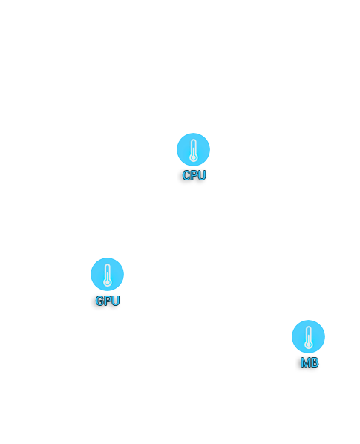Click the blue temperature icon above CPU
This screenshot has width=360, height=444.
coord(193,149)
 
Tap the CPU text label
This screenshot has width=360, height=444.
coord(194,175)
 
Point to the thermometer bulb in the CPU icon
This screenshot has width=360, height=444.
coord(193,157)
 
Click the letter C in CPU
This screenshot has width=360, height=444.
coord(186,175)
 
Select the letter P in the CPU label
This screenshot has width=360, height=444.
coord(194,175)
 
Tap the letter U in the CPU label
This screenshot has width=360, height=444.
coord(202,175)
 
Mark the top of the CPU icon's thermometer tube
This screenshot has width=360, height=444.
coord(193,140)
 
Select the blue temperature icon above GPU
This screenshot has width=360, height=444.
coord(108,274)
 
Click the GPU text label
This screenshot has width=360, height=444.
coord(108,301)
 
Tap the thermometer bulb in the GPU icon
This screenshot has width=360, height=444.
coord(108,282)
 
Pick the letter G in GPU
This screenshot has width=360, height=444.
coord(99,301)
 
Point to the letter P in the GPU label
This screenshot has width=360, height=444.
coord(108,301)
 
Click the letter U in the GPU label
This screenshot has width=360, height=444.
coord(116,301)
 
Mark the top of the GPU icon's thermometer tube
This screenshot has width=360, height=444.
coord(108,264)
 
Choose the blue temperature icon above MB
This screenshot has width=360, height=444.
coord(309,336)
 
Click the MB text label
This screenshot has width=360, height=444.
coord(310,362)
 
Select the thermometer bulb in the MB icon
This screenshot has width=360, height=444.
coord(309,345)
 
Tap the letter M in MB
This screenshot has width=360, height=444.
coord(305,362)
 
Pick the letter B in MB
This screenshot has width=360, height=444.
coord(315,362)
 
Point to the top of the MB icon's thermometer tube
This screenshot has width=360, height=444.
coord(309,327)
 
